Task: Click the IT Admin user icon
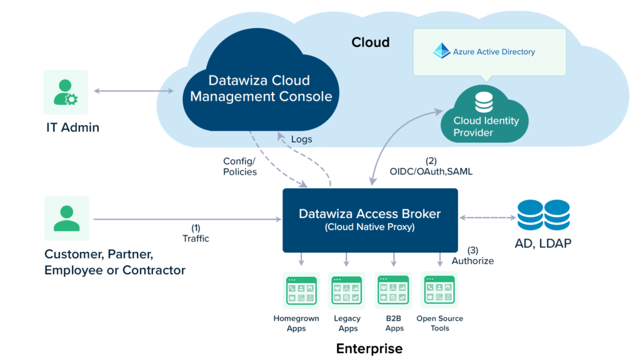tap(66, 92)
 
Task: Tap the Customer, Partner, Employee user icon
tap(66, 218)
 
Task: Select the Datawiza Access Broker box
tap(370, 220)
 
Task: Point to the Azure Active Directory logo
tap(442, 51)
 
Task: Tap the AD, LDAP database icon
tap(543, 214)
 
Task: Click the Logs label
tap(301, 139)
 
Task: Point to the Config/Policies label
tap(240, 166)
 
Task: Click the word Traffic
tap(196, 238)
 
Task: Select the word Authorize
tap(472, 261)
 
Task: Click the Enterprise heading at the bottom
tap(369, 348)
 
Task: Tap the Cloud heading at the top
tap(370, 42)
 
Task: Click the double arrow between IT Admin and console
tap(134, 92)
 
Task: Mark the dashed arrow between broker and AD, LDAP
tap(487, 218)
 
